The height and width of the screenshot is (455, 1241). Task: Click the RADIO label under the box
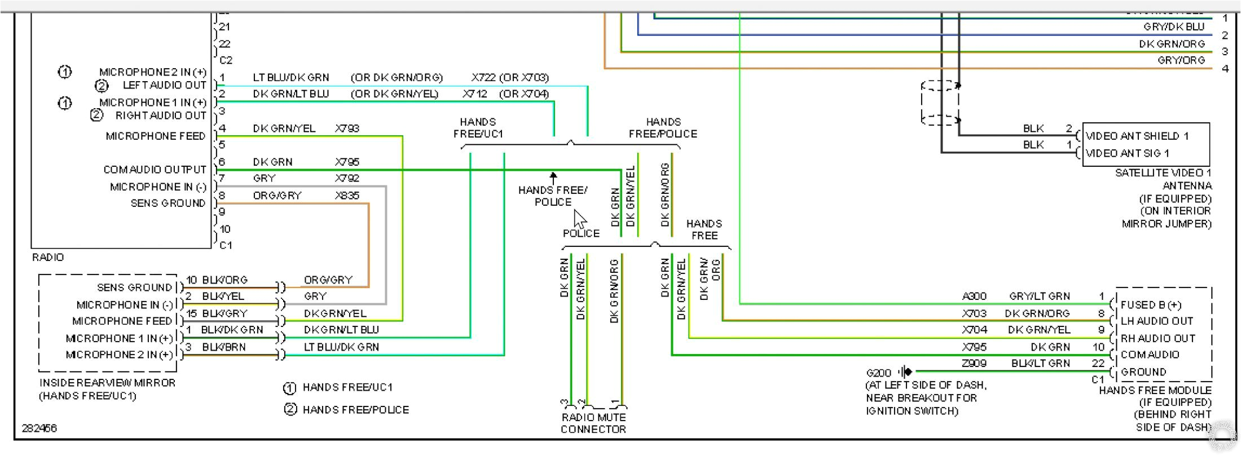click(x=48, y=257)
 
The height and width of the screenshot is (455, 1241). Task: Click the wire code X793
click(x=347, y=129)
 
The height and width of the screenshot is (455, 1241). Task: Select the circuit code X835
click(x=347, y=196)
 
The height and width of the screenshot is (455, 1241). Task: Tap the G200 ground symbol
click(x=906, y=372)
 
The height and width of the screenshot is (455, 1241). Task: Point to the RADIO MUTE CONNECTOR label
click(x=593, y=423)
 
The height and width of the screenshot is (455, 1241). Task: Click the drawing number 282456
click(x=39, y=429)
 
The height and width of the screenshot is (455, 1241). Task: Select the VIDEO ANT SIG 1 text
click(x=1127, y=153)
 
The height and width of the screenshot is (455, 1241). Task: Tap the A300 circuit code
click(x=974, y=296)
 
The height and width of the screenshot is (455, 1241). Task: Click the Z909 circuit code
click(x=974, y=364)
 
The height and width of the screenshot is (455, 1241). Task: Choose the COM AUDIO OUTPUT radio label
click(x=155, y=170)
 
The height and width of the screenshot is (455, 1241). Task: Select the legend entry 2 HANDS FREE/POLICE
click(x=347, y=410)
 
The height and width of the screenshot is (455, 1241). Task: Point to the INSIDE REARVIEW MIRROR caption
click(x=107, y=383)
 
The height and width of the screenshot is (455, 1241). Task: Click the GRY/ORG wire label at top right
click(x=1181, y=60)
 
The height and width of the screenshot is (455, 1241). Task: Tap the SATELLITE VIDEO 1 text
click(x=1163, y=173)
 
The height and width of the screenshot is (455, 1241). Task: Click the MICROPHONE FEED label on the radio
click(x=155, y=136)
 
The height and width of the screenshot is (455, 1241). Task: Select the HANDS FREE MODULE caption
click(x=1155, y=390)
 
